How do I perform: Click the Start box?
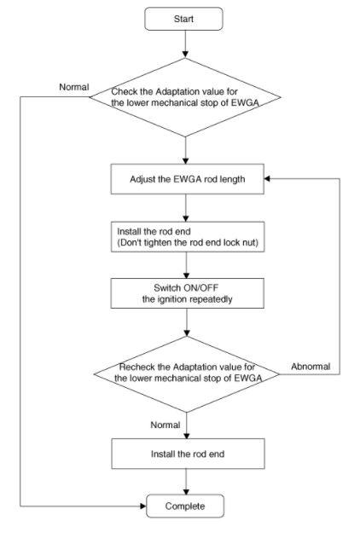pyautogui.click(x=183, y=19)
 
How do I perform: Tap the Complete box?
pyautogui.click(x=185, y=506)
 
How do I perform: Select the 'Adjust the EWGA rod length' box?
pyautogui.click(x=188, y=179)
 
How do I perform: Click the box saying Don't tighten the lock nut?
pyautogui.click(x=188, y=237)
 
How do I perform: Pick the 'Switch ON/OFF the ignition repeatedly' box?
pyautogui.click(x=188, y=293)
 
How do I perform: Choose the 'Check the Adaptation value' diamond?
pyautogui.click(x=185, y=97)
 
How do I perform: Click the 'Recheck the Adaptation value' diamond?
pyautogui.click(x=187, y=374)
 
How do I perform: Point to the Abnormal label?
pyautogui.click(x=311, y=367)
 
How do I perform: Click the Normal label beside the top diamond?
pyautogui.click(x=74, y=87)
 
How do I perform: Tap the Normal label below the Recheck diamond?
pyautogui.click(x=165, y=425)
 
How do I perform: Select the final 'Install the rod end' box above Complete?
pyautogui.click(x=188, y=454)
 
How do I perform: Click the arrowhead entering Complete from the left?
pyautogui.click(x=143, y=506)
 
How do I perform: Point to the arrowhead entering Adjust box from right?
pyautogui.click(x=267, y=179)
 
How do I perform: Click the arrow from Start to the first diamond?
pyautogui.click(x=185, y=44)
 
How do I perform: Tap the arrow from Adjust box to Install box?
pyautogui.click(x=186, y=208)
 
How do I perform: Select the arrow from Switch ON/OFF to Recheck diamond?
pyautogui.click(x=187, y=322)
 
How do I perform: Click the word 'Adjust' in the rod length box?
pyautogui.click(x=142, y=179)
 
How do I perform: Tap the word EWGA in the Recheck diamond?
pyautogui.click(x=248, y=378)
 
